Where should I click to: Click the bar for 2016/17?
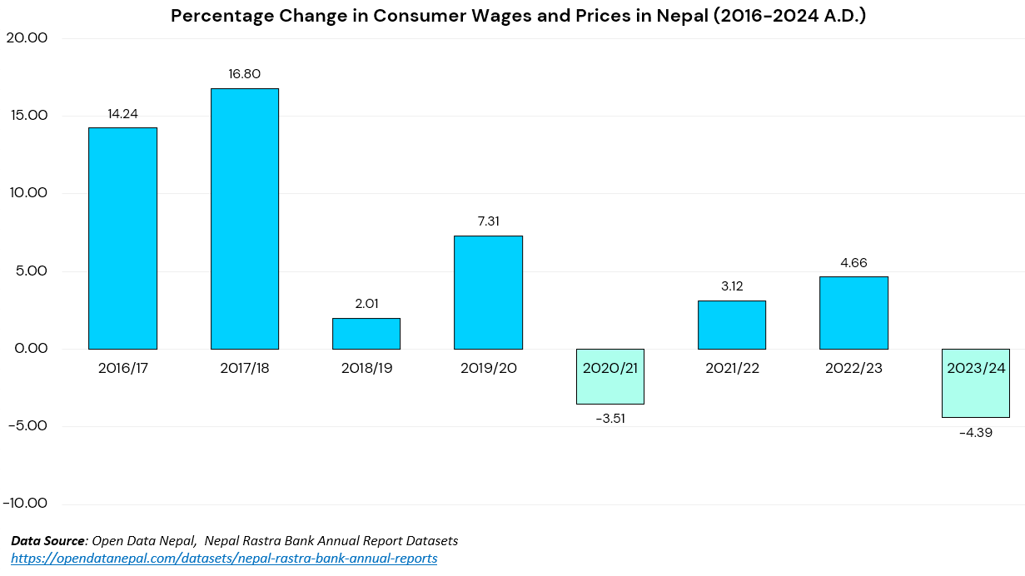[x=122, y=238]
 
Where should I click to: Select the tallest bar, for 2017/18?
[x=244, y=218]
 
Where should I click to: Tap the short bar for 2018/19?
[x=366, y=333]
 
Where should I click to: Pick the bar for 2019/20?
[x=488, y=292]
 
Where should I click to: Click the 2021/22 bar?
[x=732, y=325]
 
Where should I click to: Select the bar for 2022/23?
[x=853, y=312]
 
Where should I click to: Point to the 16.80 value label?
[x=244, y=74]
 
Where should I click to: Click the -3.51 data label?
[x=610, y=419]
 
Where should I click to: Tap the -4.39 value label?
[x=975, y=433]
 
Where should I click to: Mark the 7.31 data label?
[x=488, y=221]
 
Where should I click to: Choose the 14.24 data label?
[x=122, y=114]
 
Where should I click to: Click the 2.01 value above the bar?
[x=366, y=304]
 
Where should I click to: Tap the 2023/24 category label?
[x=975, y=368]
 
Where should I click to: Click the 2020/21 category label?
[x=610, y=368]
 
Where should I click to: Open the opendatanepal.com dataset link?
[x=224, y=558]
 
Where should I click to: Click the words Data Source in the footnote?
[x=47, y=541]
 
